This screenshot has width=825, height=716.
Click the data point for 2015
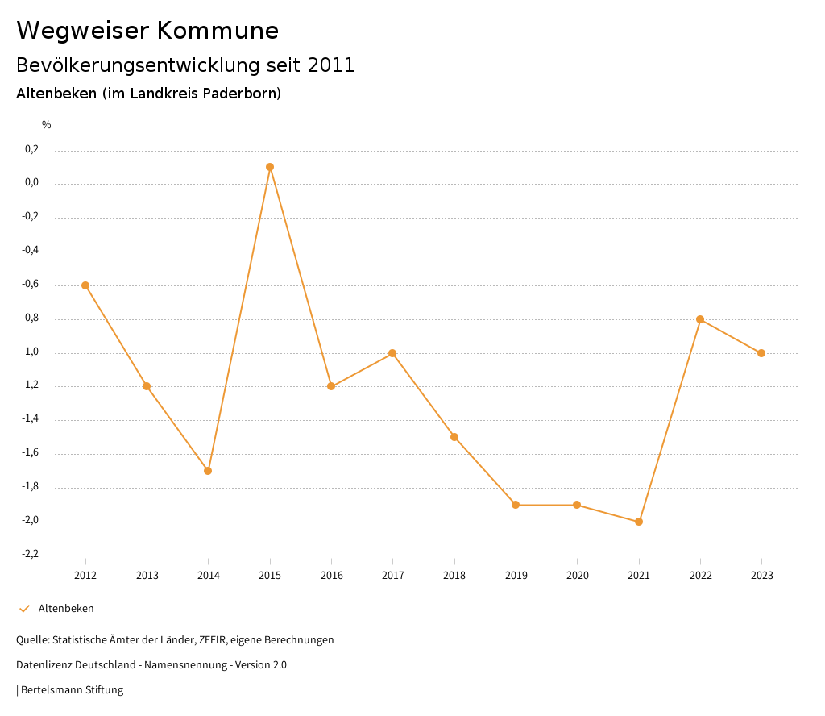pyautogui.click(x=270, y=167)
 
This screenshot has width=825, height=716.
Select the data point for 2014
pyautogui.click(x=208, y=471)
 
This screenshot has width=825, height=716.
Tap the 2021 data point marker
pyautogui.click(x=639, y=522)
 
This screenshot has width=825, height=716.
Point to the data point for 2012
pyautogui.click(x=85, y=285)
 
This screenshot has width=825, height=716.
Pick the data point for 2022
pyautogui.click(x=700, y=319)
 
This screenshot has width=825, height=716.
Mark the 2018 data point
pyautogui.click(x=454, y=437)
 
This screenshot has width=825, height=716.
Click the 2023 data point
pyautogui.click(x=761, y=353)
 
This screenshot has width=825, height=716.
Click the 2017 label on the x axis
pyautogui.click(x=392, y=576)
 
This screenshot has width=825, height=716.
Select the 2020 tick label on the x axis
pyautogui.click(x=577, y=576)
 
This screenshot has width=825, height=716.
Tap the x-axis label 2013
pyautogui.click(x=147, y=576)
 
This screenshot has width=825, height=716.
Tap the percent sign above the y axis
pyautogui.click(x=47, y=125)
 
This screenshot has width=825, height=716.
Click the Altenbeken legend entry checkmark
pyautogui.click(x=24, y=609)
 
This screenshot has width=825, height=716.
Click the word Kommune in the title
pyautogui.click(x=218, y=31)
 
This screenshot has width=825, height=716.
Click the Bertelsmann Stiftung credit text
pyautogui.click(x=72, y=690)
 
